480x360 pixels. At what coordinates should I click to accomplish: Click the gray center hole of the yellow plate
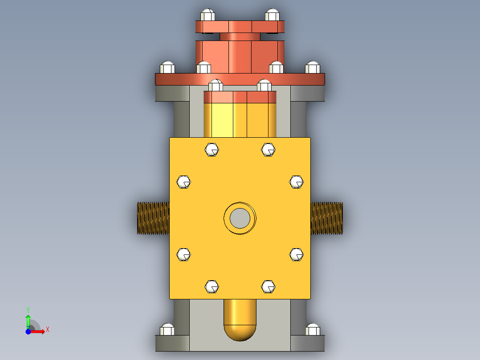click(240, 218)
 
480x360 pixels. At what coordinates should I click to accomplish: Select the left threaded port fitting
click(153, 218)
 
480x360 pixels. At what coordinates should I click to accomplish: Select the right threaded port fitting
click(326, 218)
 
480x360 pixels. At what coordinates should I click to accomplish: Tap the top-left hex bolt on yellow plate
click(212, 150)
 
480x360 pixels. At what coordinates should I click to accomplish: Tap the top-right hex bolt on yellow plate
click(268, 150)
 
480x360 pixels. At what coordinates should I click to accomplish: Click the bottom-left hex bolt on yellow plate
click(212, 286)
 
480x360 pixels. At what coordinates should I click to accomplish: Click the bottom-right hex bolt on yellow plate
click(268, 286)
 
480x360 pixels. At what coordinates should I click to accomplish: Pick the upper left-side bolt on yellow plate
click(183, 182)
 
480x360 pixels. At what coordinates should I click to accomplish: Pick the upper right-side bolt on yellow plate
click(297, 182)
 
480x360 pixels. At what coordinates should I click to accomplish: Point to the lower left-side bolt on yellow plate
click(183, 254)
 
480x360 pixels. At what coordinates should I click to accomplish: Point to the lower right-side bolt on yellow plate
click(297, 254)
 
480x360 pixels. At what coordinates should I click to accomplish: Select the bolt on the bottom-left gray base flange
click(167, 330)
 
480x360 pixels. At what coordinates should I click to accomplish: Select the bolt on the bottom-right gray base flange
click(313, 330)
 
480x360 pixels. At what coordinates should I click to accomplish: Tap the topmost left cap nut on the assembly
click(208, 15)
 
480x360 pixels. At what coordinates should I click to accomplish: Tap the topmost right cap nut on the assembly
click(272, 15)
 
